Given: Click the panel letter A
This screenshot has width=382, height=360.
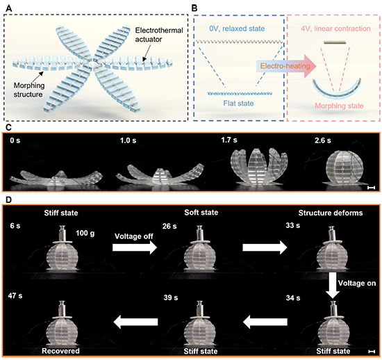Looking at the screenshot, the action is tap(8, 8).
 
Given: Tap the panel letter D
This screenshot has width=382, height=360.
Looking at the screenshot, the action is tap(8, 199).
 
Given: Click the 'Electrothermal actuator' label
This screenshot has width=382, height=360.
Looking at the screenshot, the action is tap(159, 35).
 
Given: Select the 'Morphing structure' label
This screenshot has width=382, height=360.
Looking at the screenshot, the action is tap(29, 90).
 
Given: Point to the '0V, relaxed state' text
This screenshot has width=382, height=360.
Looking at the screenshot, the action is tap(237, 28).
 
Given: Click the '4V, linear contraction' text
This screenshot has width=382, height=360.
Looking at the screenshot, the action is tap(335, 28).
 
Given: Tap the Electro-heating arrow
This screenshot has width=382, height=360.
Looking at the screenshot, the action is tap(286, 66).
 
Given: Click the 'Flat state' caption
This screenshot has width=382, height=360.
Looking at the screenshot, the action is tap(238, 104).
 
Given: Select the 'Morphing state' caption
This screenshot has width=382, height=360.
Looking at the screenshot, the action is tap(339, 106).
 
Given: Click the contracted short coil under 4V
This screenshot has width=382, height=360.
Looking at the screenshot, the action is tap(335, 42).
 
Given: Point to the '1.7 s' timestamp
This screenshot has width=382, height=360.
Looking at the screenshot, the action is tap(229, 140).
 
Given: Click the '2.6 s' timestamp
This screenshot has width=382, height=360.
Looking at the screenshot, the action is tap(322, 140).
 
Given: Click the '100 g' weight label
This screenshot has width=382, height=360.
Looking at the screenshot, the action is tap(85, 234).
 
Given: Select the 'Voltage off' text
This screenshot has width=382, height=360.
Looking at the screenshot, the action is tap(134, 236).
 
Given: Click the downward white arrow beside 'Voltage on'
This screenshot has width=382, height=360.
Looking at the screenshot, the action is tap(332, 285).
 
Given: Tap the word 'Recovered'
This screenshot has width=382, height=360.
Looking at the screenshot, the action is tap(60, 351).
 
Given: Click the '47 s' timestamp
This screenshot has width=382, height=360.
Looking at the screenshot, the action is tap(15, 296).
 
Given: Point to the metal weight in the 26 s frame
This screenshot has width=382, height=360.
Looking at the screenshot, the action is tap(200, 234).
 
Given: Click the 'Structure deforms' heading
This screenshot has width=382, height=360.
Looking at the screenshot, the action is tap(331, 213).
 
